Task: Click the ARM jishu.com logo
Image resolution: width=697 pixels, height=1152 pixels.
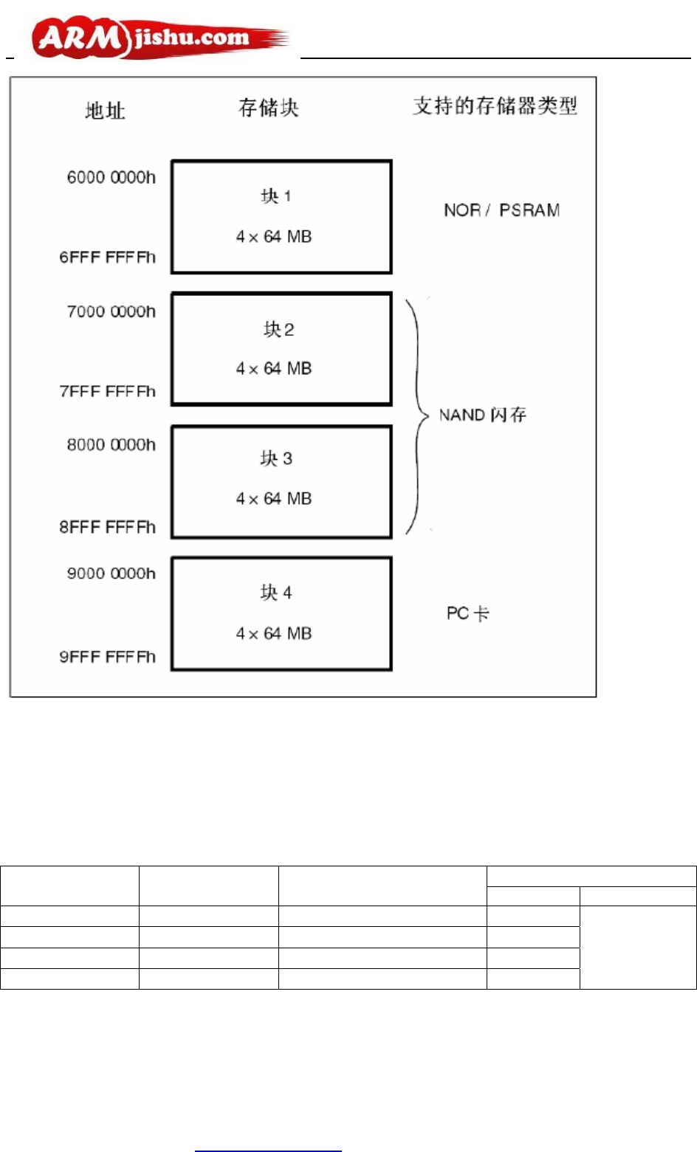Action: point(159,38)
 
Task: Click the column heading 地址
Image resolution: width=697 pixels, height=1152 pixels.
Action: point(105,111)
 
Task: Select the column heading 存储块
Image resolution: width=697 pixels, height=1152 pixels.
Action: point(268,108)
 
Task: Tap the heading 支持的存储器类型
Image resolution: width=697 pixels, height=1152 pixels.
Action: point(495,106)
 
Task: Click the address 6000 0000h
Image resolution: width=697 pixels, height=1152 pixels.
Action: point(111,177)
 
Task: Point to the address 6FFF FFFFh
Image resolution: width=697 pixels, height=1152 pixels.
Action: point(108,257)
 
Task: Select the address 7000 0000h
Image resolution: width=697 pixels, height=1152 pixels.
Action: point(111,311)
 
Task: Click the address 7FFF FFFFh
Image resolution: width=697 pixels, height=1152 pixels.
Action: point(108,391)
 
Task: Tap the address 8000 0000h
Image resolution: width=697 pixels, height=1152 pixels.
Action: point(111,445)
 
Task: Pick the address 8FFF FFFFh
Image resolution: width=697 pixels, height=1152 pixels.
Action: point(108,527)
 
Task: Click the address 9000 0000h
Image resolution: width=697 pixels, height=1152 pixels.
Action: point(111,573)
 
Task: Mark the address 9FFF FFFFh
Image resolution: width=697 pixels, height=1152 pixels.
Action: point(108,657)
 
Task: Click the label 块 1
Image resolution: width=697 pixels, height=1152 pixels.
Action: point(276,196)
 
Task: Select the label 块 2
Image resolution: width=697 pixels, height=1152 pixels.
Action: point(279,329)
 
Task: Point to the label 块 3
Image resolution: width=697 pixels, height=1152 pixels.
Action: point(276,459)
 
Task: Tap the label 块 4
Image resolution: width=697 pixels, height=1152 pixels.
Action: point(276,593)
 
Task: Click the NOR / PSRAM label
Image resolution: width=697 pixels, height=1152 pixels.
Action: point(501,210)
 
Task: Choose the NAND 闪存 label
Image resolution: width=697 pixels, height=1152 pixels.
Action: point(482,415)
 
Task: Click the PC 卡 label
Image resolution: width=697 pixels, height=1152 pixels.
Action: point(467,613)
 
